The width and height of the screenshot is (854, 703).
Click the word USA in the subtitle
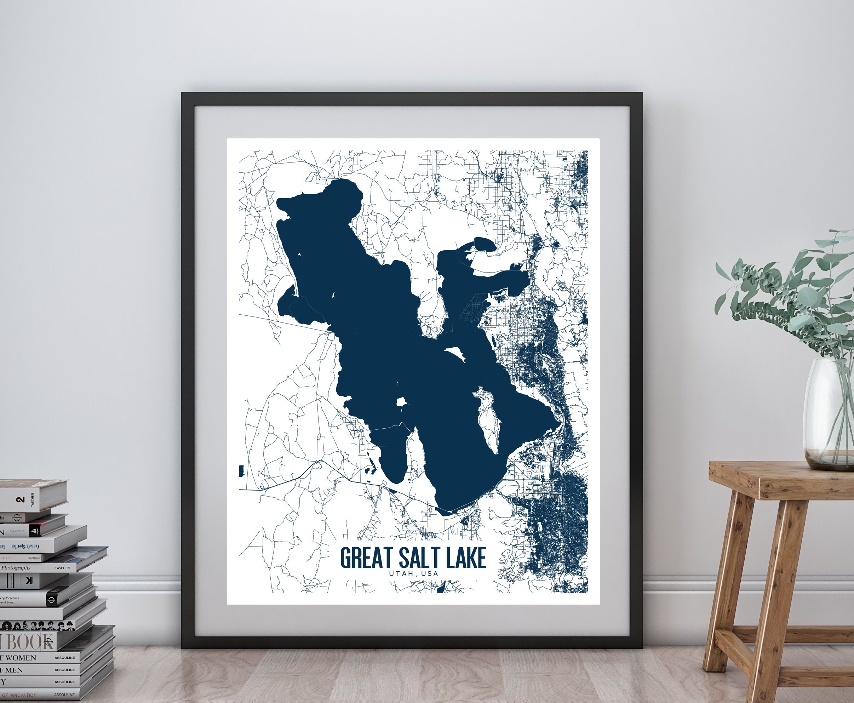click(430, 573)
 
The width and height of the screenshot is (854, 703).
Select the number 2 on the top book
click(20, 500)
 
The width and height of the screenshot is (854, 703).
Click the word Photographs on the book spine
click(16, 568)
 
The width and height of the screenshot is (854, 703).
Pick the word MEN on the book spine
click(14, 670)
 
